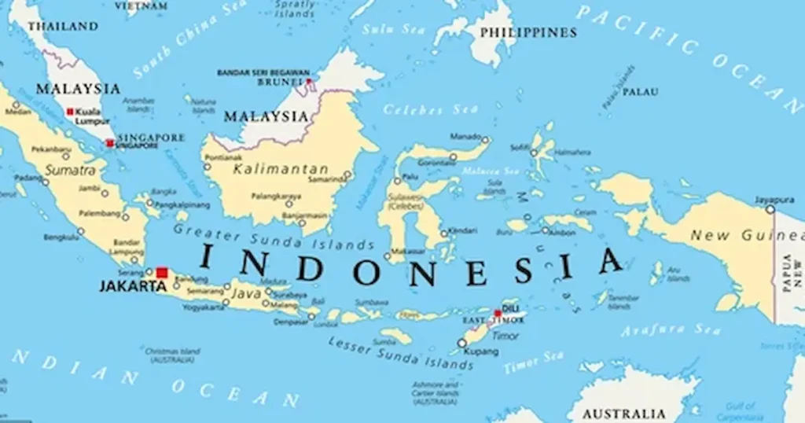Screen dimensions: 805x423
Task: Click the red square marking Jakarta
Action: pos(162,273)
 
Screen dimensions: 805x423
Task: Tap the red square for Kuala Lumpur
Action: pos(70,112)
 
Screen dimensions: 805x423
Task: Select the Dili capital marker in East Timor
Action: pos(497,313)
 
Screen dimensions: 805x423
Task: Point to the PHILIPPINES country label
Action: pos(527,32)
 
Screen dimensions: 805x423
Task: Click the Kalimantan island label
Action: pos(281,169)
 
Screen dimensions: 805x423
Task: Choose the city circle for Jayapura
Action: pos(770,209)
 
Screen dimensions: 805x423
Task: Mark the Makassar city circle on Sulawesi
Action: pos(388,256)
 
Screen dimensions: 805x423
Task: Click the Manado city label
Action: pos(466,136)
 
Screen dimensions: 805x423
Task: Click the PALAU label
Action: pos(640,91)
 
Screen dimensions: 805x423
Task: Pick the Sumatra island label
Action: pos(70,170)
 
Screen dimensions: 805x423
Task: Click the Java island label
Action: pos(246,294)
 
